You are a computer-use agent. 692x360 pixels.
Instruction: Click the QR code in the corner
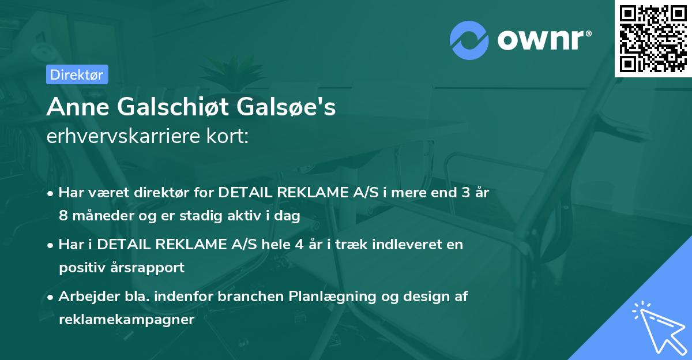(653, 38)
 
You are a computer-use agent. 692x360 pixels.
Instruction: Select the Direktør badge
(77, 74)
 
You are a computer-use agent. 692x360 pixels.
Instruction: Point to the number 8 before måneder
(62, 215)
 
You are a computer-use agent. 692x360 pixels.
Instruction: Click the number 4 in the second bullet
(299, 244)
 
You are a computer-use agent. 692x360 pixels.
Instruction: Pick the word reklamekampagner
(126, 319)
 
